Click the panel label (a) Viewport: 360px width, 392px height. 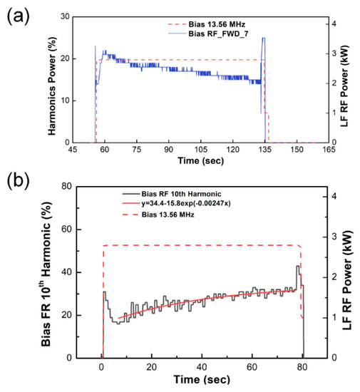point(17,15)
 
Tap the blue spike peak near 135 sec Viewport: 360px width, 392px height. point(264,38)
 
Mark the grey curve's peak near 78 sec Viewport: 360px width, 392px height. point(298,267)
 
